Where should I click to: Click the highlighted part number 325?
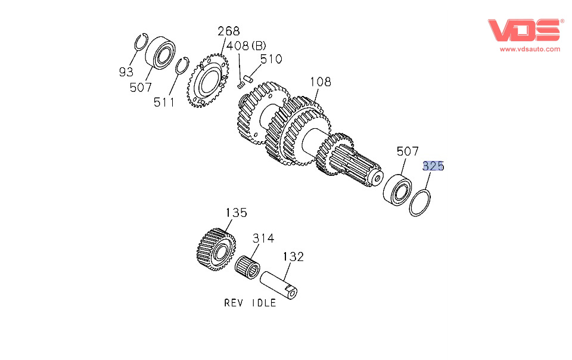point(433,166)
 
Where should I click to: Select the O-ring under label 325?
point(421,203)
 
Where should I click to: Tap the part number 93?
point(126,72)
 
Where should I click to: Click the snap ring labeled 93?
point(141,43)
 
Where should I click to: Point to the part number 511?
point(164,102)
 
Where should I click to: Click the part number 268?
point(228,32)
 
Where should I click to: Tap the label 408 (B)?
point(251,46)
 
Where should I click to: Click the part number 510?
point(271,60)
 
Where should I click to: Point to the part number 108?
point(319,82)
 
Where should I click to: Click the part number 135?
point(235,213)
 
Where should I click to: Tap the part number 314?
point(262,238)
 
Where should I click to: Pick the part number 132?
point(293,257)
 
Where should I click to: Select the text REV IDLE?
point(250,303)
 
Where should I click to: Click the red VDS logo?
point(525,30)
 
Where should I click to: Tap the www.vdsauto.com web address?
point(530,49)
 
